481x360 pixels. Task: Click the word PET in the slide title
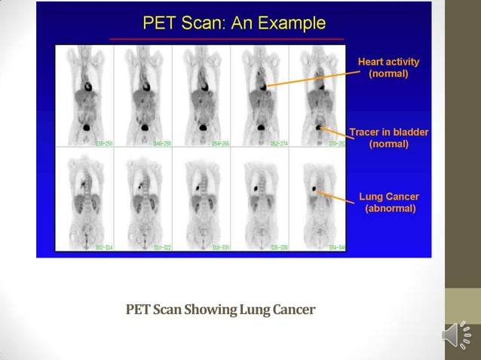[160, 23]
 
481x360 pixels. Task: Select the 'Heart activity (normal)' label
[388, 68]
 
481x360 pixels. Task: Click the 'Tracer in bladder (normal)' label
[388, 138]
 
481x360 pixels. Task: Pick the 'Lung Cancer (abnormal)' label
[388, 203]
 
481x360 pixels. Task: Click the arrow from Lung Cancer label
[338, 197]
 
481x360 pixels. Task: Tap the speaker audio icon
[458, 336]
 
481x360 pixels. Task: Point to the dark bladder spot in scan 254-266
[201, 130]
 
